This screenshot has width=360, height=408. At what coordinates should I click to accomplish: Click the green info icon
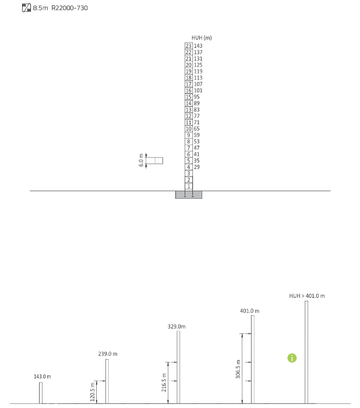click(292, 358)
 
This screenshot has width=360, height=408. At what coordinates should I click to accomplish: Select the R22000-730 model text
click(69, 8)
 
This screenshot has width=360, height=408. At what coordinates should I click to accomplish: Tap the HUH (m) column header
click(202, 38)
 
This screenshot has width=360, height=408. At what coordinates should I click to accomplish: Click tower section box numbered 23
click(189, 46)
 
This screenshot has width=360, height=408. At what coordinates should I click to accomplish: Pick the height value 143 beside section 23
click(198, 46)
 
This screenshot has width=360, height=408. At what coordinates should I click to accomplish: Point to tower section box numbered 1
click(189, 186)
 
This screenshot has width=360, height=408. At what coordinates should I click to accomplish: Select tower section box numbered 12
click(189, 116)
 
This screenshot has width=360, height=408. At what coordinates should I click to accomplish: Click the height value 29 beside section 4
click(197, 167)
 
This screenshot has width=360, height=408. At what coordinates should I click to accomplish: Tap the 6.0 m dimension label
click(141, 160)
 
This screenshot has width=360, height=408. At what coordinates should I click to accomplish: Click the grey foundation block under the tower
click(189, 195)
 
